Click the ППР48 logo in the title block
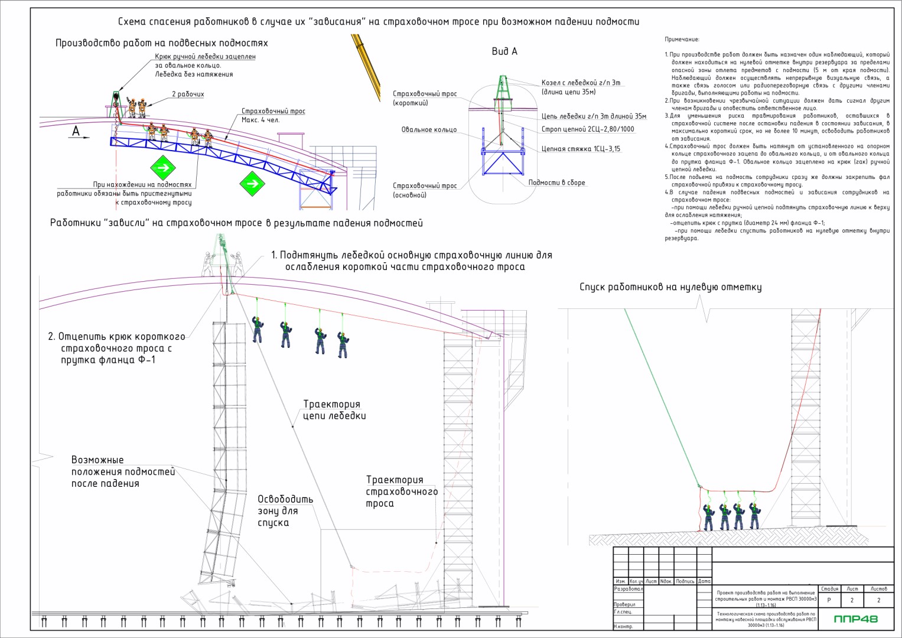tap(855, 619)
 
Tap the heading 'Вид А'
tap(504, 51)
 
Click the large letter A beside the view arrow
tap(76, 131)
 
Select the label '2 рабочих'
tap(188, 94)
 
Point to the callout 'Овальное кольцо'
tap(429, 129)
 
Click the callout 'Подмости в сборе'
tap(556, 183)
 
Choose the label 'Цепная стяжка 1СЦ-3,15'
tap(581, 149)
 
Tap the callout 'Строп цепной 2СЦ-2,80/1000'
tap(588, 129)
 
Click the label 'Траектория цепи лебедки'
tap(334, 409)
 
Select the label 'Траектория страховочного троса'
tap(402, 491)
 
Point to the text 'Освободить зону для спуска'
tap(285, 510)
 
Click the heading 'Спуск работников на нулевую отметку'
tap(670, 287)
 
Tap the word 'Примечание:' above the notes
tap(682, 40)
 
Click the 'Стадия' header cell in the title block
tap(829, 588)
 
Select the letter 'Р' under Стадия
tap(829, 600)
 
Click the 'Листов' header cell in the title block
tap(878, 588)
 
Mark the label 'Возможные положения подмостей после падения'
tap(123, 471)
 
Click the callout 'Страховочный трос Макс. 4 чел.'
tap(273, 115)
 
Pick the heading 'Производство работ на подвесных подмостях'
tap(161, 43)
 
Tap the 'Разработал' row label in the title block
tap(628, 589)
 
